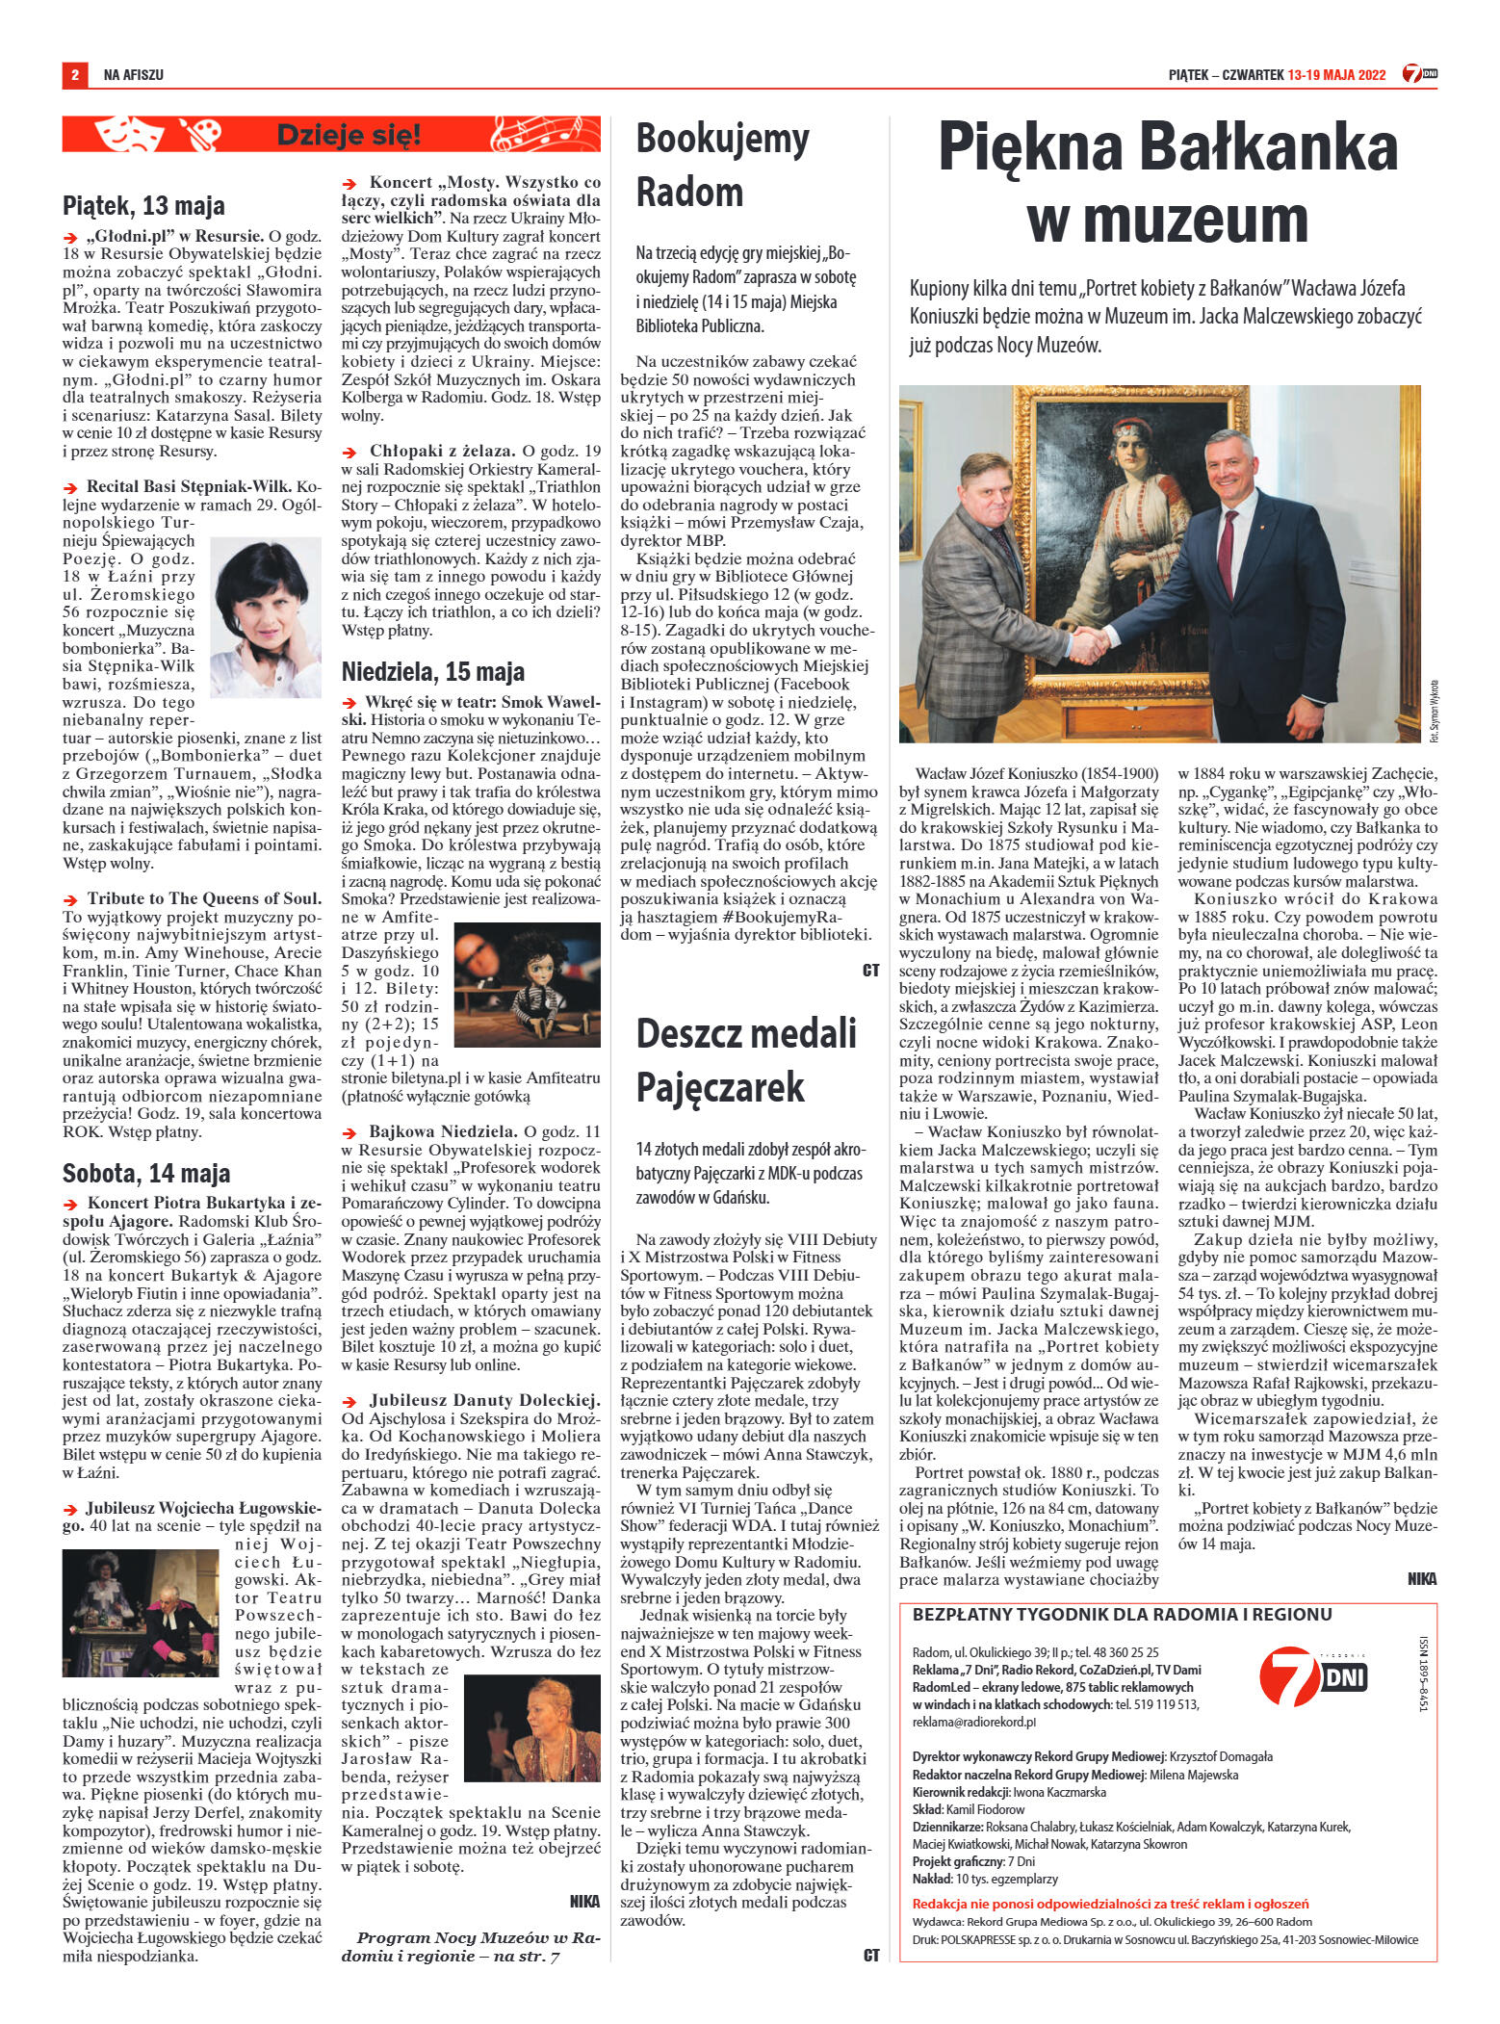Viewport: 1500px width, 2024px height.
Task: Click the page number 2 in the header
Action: (73, 74)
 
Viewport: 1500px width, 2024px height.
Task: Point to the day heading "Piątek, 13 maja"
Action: (143, 205)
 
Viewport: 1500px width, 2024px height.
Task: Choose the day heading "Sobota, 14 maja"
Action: (146, 1173)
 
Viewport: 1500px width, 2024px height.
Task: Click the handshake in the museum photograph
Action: (1104, 639)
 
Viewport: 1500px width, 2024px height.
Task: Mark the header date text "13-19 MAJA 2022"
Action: (1336, 75)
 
